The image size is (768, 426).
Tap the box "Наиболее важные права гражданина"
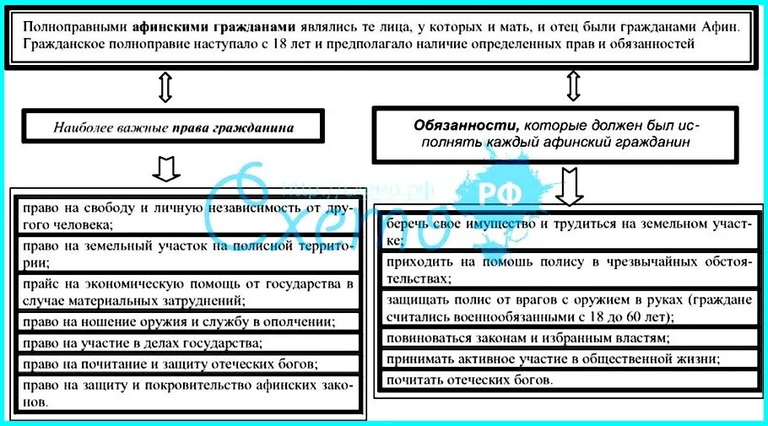coord(174,128)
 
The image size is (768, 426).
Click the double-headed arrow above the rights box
coord(165,87)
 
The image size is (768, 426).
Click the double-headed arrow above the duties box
coord(573,85)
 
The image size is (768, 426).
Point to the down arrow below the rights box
coord(165,167)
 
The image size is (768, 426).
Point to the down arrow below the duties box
coord(569,186)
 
